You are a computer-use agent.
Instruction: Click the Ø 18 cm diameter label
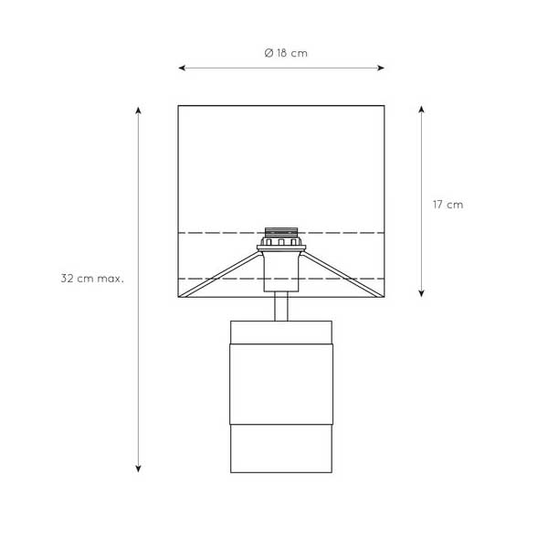[286, 53]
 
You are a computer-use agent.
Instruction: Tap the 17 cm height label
[448, 205]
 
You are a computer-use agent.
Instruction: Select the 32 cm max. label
[92, 279]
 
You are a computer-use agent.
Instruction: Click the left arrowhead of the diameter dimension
[182, 68]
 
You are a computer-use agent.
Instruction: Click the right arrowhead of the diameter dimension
[381, 68]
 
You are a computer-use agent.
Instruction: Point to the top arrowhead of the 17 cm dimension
[421, 110]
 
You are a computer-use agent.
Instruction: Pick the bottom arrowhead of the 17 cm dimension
[421, 293]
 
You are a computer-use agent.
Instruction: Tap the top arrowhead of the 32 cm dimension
[138, 111]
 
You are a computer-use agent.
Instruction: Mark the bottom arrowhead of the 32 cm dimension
[138, 469]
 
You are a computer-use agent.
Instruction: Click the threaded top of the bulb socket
[281, 232]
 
